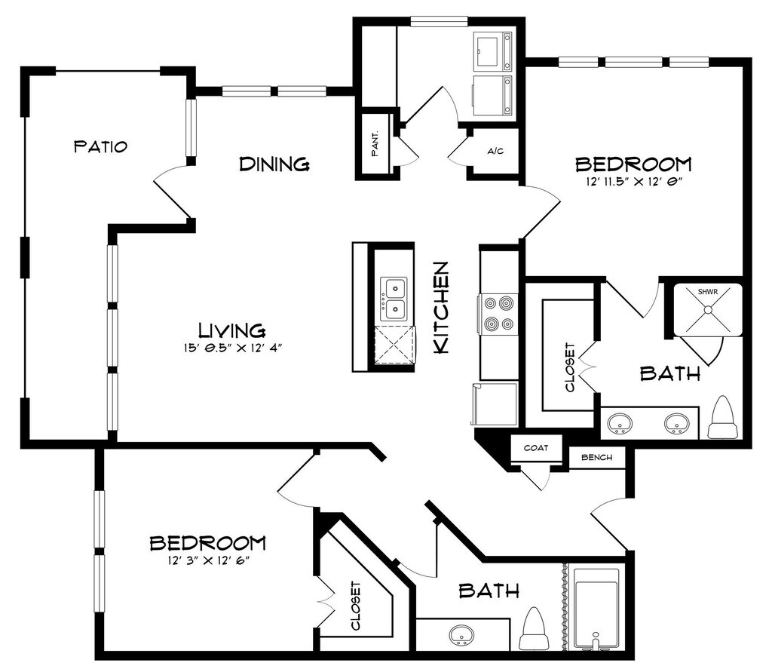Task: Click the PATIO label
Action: pos(100,146)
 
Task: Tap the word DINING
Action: pos(274,164)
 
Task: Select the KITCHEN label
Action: pos(441,307)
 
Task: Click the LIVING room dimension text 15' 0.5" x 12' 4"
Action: pos(233,348)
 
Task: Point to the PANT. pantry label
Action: pos(375,143)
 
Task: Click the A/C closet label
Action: pos(495,152)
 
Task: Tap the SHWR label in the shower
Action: pos(708,292)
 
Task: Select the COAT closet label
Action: pos(536,448)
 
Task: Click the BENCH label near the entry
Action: pos(597,458)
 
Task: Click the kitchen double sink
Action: pos(394,299)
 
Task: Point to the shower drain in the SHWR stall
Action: pos(708,310)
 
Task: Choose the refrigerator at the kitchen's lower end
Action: pos(495,403)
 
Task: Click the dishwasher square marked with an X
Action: pos(394,345)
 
